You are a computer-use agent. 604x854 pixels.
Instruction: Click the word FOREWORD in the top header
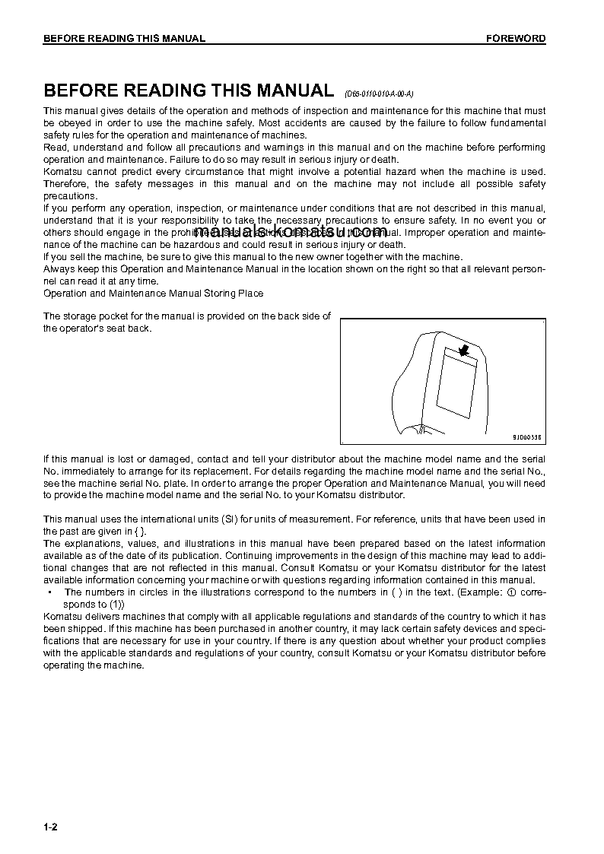516,38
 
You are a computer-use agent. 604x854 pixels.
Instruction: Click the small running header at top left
124,38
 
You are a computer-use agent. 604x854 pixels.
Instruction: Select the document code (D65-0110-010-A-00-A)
379,94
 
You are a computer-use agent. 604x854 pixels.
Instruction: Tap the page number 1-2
50,827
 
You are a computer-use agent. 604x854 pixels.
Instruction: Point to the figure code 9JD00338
526,437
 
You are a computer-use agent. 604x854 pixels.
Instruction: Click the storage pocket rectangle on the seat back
457,385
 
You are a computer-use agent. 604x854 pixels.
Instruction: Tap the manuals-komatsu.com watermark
291,231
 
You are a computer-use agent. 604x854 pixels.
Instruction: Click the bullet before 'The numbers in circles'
49,592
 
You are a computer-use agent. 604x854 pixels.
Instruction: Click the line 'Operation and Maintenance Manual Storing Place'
154,293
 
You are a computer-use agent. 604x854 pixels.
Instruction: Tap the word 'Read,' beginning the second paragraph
56,147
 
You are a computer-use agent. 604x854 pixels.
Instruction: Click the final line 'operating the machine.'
94,665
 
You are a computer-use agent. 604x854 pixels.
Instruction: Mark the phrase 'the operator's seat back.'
97,329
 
